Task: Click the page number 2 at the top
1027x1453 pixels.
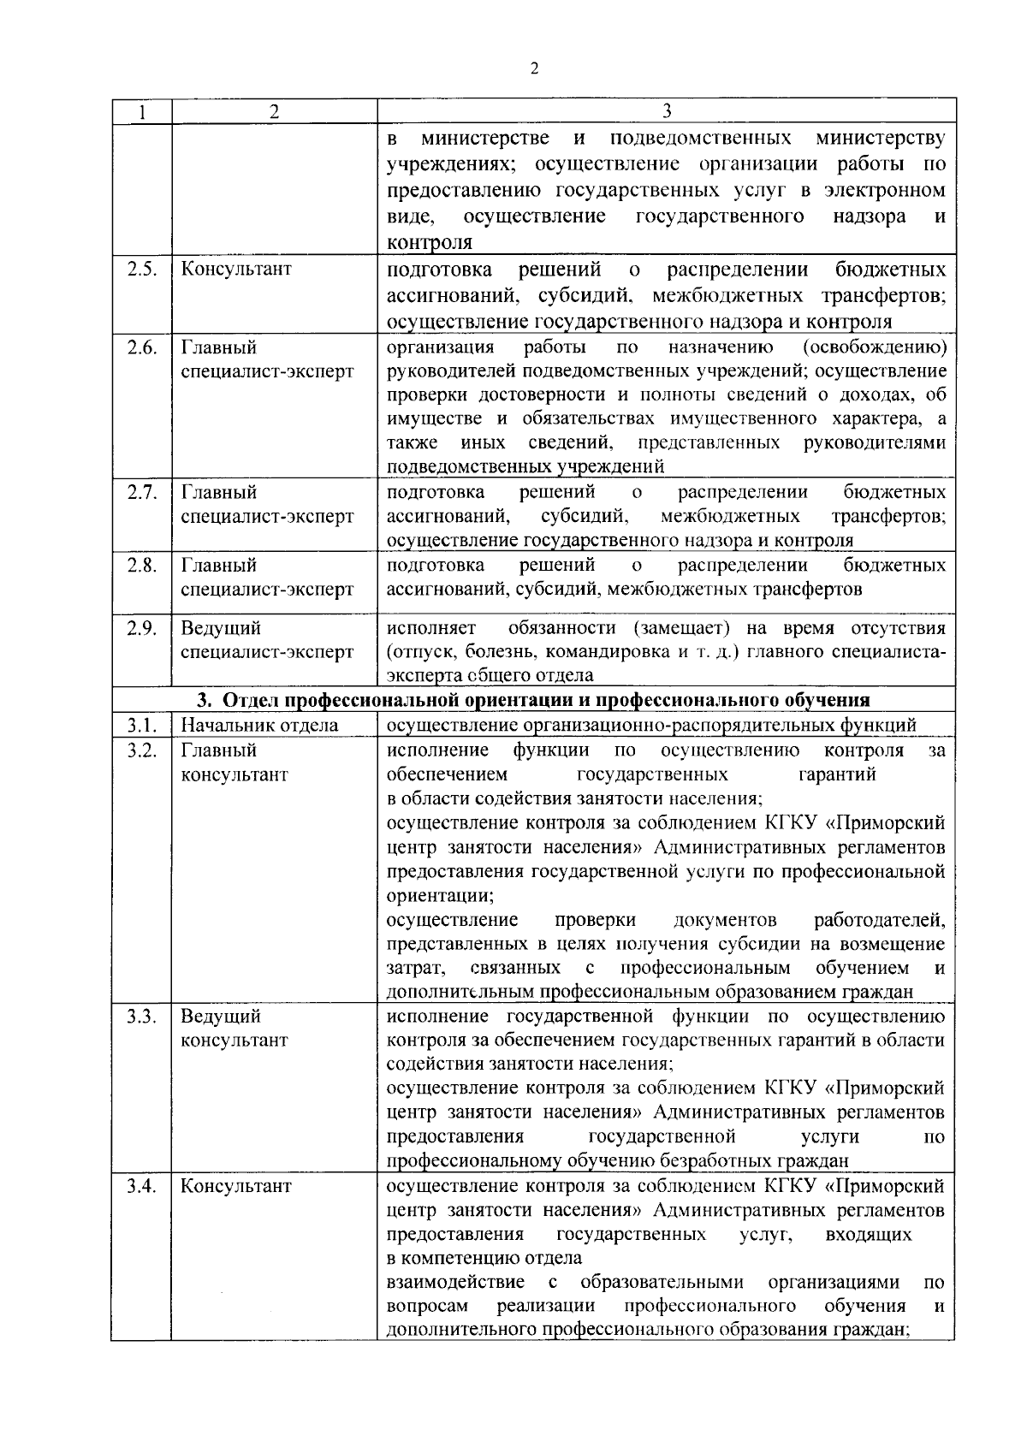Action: pos(534,69)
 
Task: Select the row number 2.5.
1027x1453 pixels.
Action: pos(141,269)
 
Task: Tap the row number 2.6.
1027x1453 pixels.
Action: pos(141,347)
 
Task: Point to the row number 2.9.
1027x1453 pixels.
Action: pos(141,628)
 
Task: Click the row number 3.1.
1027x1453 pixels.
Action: pos(141,726)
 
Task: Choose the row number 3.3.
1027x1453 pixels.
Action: pos(141,1017)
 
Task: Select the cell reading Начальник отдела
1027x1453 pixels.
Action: pos(259,726)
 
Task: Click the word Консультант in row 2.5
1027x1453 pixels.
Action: pos(236,269)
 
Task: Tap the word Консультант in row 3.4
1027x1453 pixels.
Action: pos(236,1186)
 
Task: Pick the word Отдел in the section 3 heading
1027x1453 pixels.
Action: pos(251,701)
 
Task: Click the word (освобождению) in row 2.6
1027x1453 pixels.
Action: pos(875,347)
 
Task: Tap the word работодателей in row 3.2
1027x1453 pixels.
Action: pos(879,920)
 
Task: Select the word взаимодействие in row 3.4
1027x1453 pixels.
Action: pos(455,1282)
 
